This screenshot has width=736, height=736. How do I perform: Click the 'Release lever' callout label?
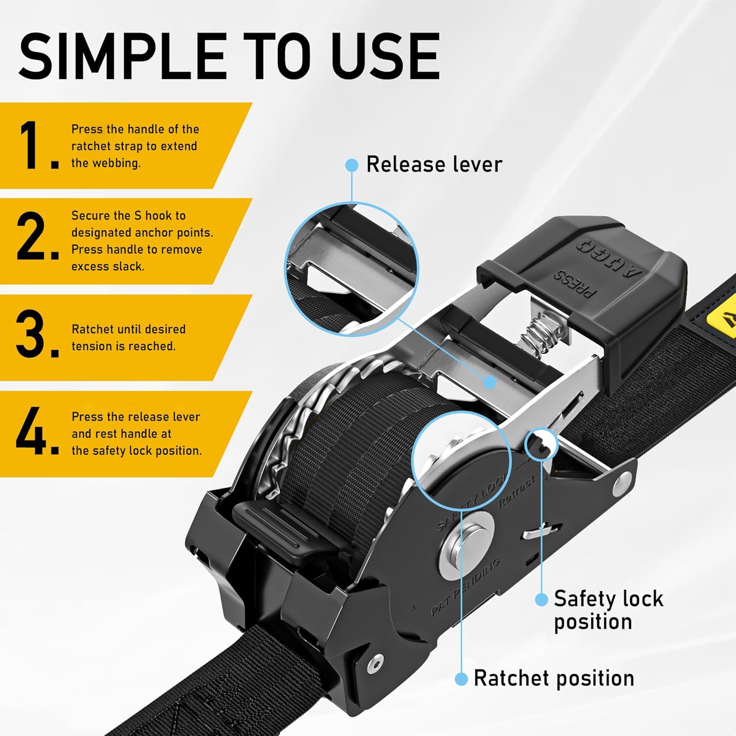(434, 164)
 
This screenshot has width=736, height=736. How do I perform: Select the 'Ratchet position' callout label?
(554, 679)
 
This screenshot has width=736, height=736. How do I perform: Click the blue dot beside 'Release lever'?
(352, 165)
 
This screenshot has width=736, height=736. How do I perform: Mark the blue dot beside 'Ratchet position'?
(461, 679)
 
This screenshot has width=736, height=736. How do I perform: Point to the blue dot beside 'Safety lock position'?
(541, 599)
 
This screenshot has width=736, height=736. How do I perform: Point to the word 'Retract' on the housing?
(517, 492)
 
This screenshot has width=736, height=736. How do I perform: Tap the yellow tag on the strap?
(724, 321)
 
